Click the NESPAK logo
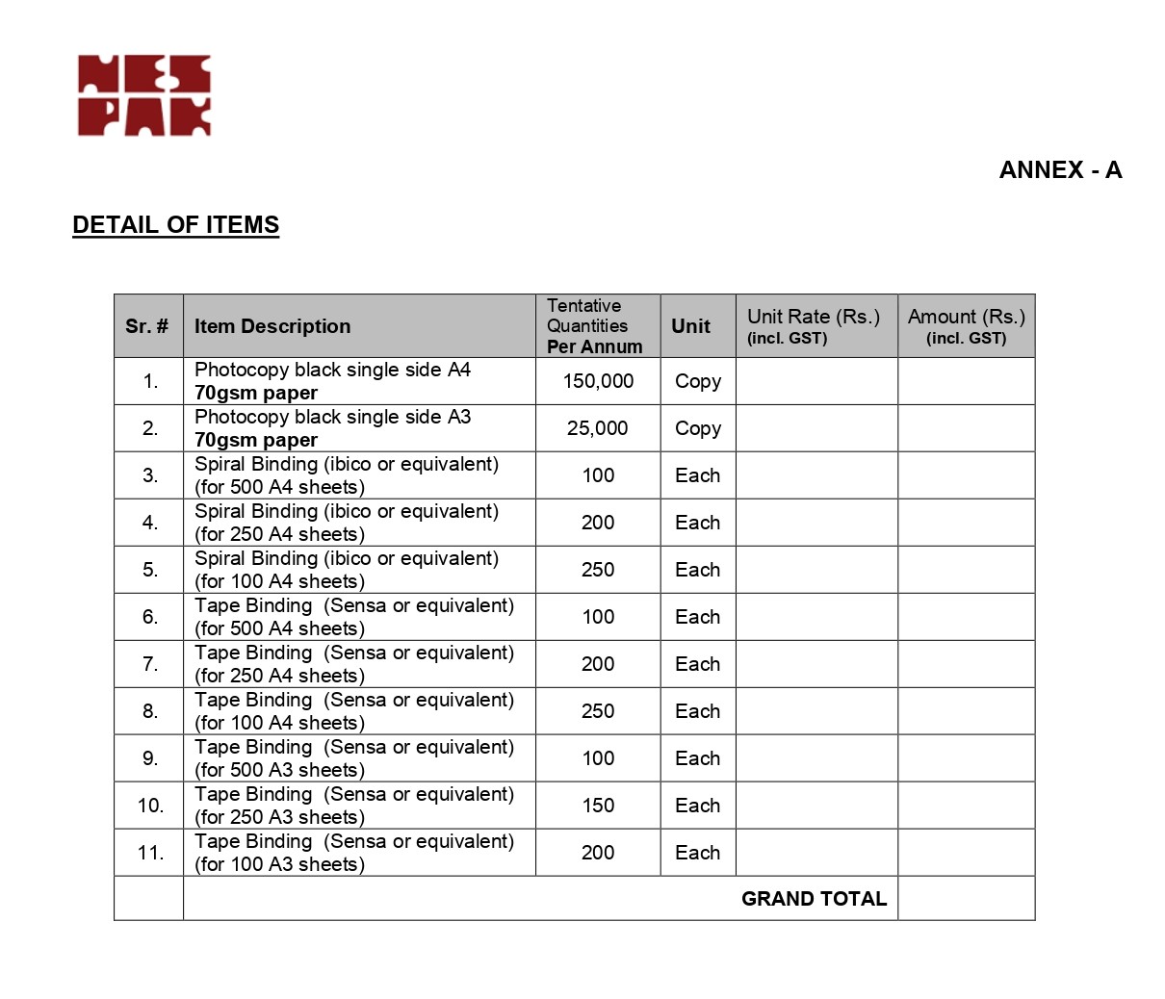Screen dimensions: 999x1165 (x=144, y=95)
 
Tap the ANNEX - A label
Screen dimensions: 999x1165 (x=1060, y=170)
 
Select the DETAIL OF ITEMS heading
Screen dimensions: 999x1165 (x=175, y=225)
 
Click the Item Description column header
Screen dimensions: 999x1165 (x=272, y=326)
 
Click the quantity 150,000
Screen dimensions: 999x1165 (x=598, y=381)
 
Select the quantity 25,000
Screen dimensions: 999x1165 (x=597, y=428)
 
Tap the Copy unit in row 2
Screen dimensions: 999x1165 (x=698, y=428)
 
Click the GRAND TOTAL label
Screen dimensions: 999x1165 (x=814, y=899)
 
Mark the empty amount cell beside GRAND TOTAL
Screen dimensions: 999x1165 (x=966, y=899)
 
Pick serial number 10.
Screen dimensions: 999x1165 (x=150, y=806)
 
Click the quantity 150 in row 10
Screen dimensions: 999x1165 (x=598, y=806)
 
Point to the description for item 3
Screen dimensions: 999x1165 (x=347, y=475)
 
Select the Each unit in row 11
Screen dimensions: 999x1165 (x=698, y=853)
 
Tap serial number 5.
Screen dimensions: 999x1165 (x=150, y=570)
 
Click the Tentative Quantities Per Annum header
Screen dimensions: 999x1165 (x=594, y=326)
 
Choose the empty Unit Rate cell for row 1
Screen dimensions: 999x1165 (x=816, y=381)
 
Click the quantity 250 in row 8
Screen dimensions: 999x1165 (x=598, y=711)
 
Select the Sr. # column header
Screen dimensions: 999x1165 (x=147, y=326)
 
